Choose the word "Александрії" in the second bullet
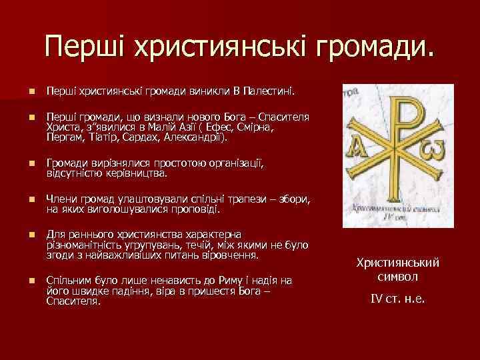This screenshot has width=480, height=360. point(195,138)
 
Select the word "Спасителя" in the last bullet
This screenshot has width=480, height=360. point(71,301)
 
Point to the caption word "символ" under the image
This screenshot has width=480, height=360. point(397,276)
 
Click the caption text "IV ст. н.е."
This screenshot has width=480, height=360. point(397,298)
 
